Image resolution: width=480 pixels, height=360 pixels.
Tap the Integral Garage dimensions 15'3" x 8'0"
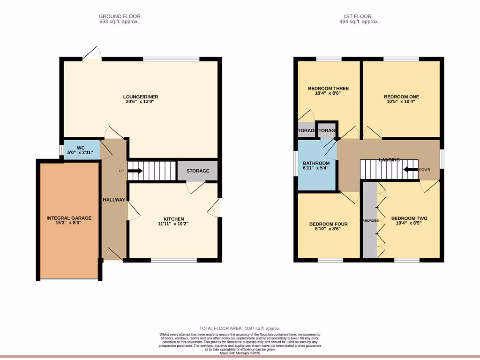[69, 224]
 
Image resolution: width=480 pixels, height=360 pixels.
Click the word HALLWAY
[114, 200]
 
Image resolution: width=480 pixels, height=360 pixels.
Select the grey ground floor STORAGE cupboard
[197, 171]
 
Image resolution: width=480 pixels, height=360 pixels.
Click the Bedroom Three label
[328, 89]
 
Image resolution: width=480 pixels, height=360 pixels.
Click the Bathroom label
[316, 163]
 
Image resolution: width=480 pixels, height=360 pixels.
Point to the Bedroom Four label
[328, 224]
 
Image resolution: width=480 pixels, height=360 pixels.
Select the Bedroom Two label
[409, 218]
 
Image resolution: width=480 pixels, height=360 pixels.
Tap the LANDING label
[389, 160]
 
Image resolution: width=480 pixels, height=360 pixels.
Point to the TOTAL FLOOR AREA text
[240, 329]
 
